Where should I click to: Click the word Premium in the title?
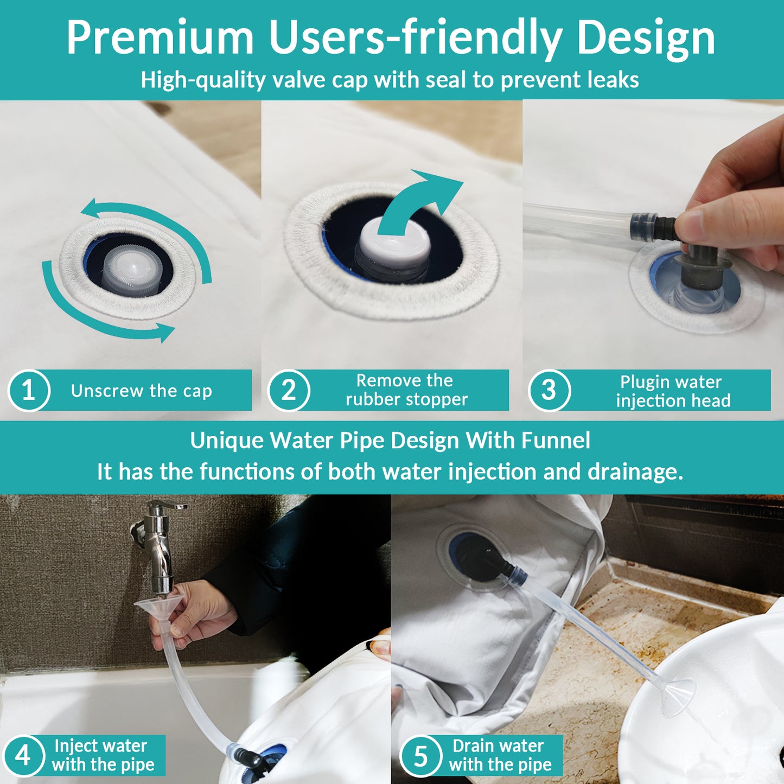point(160,38)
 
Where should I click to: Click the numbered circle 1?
point(29,391)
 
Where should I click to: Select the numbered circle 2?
point(289,391)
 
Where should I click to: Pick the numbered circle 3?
point(549,391)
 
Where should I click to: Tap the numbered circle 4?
point(23,755)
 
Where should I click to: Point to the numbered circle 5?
point(420,755)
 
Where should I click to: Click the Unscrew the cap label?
point(142,391)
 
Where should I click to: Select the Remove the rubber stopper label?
point(406,390)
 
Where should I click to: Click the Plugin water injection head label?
point(672,391)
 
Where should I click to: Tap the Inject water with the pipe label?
point(103,755)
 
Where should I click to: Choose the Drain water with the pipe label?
point(499,755)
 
